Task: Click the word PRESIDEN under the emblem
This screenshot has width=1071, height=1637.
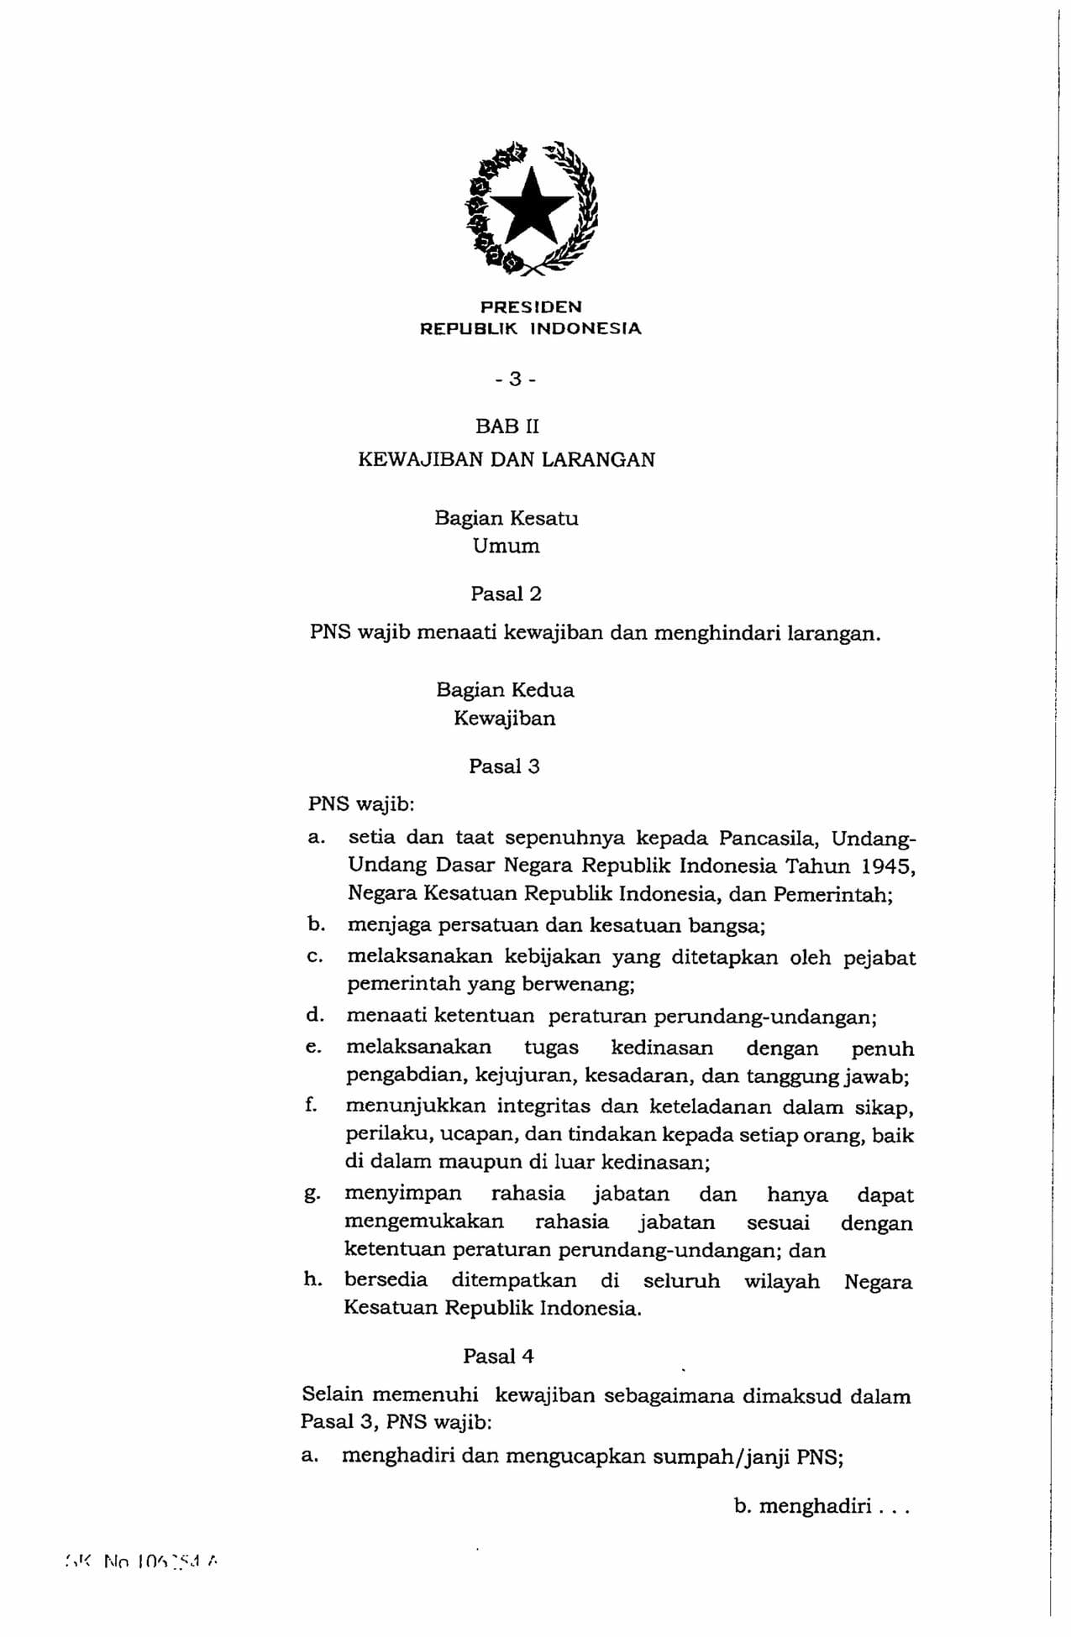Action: coord(530,307)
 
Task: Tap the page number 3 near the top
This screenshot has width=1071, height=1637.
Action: coord(515,379)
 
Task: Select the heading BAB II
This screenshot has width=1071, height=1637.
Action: coord(507,426)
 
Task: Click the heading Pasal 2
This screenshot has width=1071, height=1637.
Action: coord(506,594)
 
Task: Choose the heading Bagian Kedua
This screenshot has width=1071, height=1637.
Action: coord(505,691)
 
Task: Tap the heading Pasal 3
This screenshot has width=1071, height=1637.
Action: coord(504,766)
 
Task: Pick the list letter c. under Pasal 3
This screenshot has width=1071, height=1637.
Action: coord(314,958)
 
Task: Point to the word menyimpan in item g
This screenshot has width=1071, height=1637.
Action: coord(403,1195)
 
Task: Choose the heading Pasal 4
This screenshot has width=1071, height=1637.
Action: coord(498,1357)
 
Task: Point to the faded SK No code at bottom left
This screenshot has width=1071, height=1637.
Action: coord(141,1561)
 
